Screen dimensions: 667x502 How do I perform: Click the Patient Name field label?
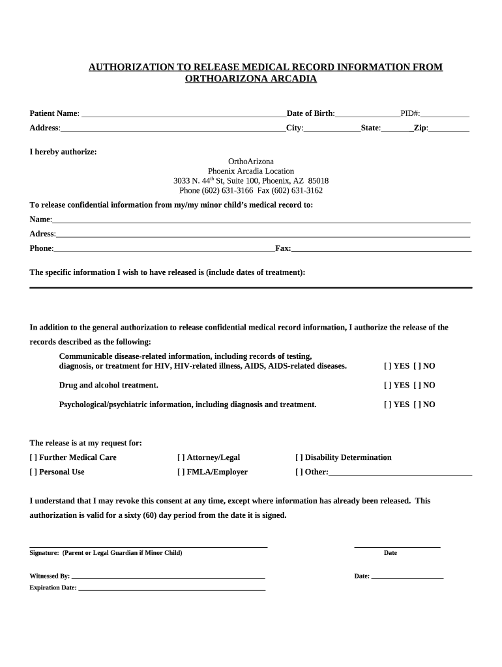54,113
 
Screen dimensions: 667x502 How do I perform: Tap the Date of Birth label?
310,113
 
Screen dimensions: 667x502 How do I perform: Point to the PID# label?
410,113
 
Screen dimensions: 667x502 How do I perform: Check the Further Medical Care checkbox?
33,457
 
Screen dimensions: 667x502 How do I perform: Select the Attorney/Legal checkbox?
181,457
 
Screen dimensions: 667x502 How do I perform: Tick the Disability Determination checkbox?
299,457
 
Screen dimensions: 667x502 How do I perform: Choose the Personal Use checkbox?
33,472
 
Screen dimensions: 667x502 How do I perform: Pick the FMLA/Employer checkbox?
181,472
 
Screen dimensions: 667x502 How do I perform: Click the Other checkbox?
299,472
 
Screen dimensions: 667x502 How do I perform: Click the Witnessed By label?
50,576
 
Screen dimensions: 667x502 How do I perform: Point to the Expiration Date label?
53,588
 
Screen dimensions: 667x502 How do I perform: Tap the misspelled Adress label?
42,234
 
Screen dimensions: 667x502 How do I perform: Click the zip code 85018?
319,180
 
